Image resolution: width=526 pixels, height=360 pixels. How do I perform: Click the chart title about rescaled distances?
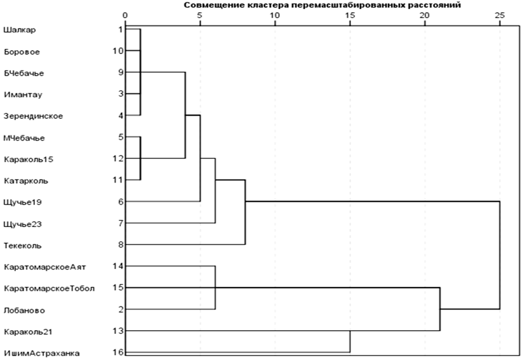[x=322, y=4]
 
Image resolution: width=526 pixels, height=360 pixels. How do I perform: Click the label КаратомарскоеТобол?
[x=49, y=288]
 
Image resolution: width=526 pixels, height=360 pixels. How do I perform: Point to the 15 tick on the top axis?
[x=350, y=14]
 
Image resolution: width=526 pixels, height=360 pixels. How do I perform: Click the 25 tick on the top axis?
[x=499, y=14]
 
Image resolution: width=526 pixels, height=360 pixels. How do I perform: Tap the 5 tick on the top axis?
[x=200, y=14]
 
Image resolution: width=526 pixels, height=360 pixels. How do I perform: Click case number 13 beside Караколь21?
[x=118, y=331]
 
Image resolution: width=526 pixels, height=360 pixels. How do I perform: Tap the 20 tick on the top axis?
[x=424, y=14]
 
